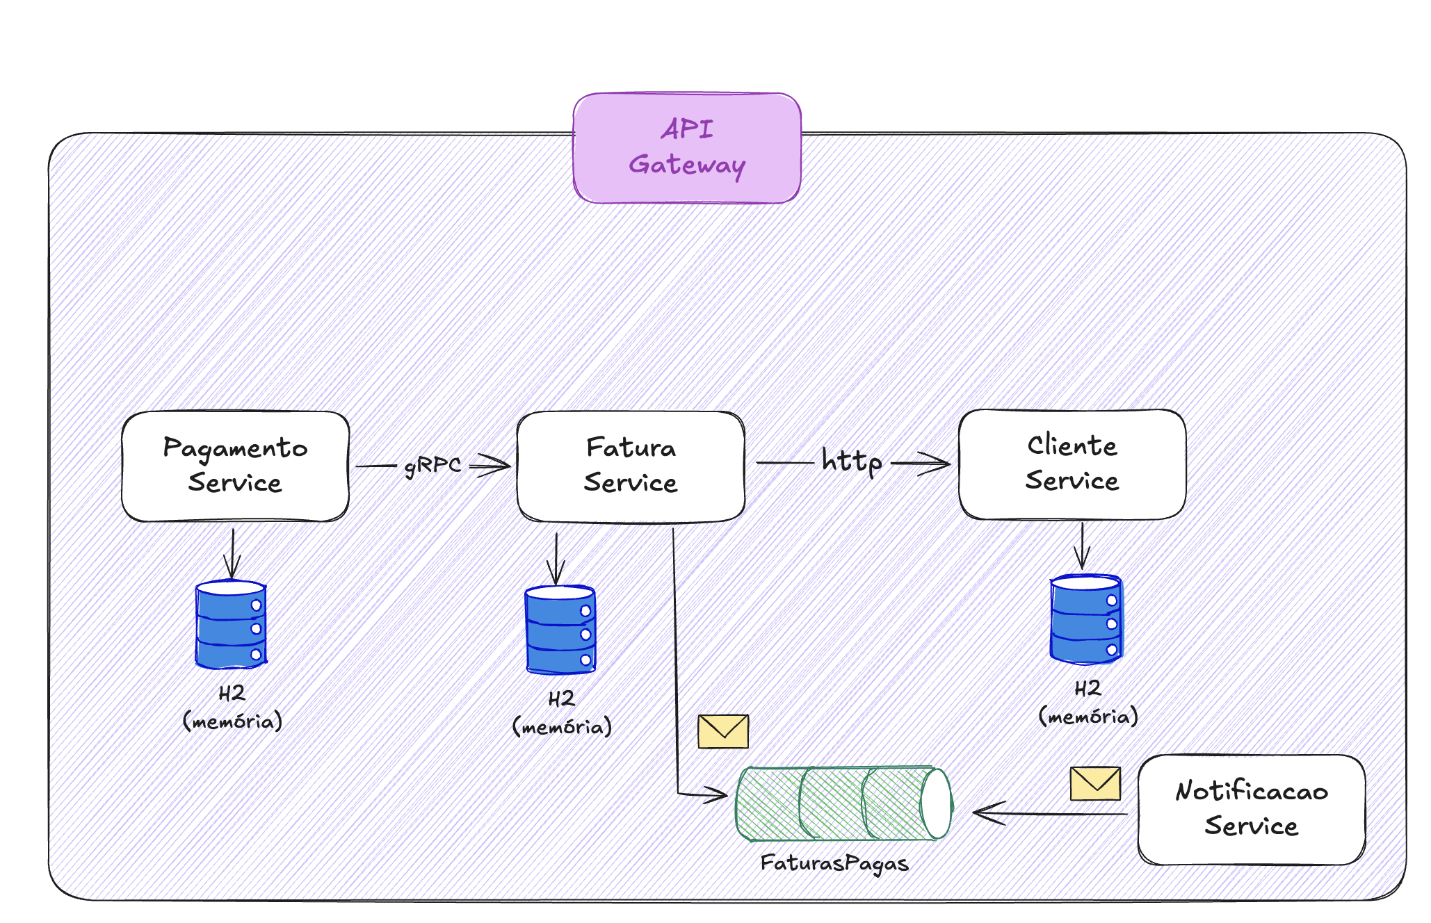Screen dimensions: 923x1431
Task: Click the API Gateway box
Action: (687, 148)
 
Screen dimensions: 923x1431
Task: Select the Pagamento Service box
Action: (235, 466)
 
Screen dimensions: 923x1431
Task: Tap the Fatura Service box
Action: (631, 466)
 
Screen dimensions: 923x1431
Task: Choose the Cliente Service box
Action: (1072, 464)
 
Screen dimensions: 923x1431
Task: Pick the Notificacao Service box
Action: (1251, 809)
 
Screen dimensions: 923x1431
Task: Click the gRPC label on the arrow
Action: (432, 465)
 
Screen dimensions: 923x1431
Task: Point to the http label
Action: (851, 461)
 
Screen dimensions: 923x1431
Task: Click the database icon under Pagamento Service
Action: (231, 624)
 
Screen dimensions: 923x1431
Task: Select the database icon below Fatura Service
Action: (560, 630)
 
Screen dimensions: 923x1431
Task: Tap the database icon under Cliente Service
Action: (1086, 619)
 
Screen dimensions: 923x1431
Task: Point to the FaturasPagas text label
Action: (834, 863)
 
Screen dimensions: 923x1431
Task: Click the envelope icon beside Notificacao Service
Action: (1095, 783)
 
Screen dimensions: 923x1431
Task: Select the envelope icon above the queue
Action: (723, 731)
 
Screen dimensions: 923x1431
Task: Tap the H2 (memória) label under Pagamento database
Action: (232, 708)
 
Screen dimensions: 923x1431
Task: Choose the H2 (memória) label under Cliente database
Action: (1088, 703)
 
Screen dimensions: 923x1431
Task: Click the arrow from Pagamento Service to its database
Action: (233, 553)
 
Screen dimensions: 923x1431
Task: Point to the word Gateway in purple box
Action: (687, 165)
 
